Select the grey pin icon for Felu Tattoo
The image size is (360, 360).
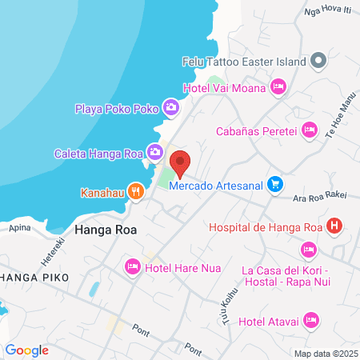[x=318, y=61]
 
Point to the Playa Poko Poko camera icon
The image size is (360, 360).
[x=170, y=107]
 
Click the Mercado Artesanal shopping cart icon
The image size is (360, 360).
[x=274, y=184]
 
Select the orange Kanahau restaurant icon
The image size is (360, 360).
[x=136, y=192]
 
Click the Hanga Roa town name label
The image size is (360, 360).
[x=105, y=230]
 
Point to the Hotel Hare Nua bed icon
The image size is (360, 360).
[x=133, y=267]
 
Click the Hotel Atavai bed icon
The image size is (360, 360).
[x=311, y=321]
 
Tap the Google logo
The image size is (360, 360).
[x=27, y=350]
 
